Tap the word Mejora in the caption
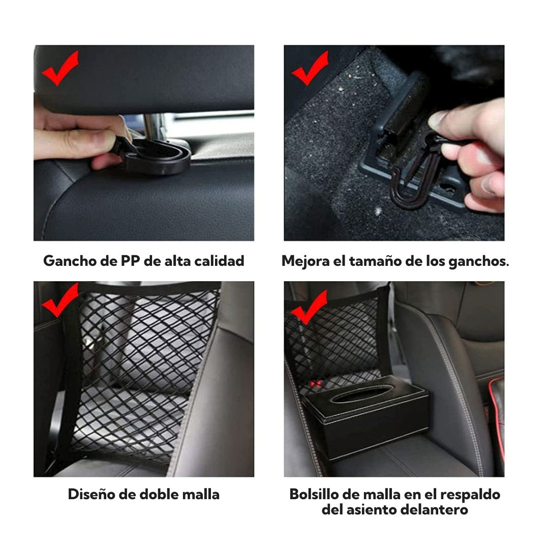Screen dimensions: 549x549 [x=306, y=261]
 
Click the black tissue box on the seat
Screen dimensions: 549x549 [x=366, y=417]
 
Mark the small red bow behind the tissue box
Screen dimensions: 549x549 [x=315, y=384]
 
